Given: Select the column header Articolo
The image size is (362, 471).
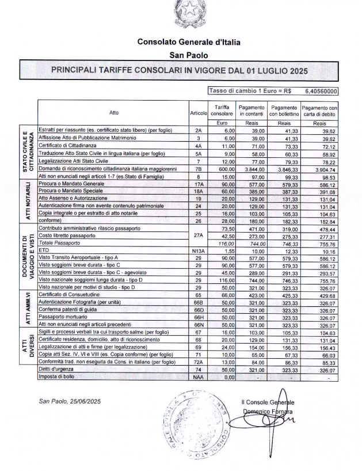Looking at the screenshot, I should [x=197, y=112].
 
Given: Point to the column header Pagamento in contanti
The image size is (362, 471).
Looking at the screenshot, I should [x=251, y=111].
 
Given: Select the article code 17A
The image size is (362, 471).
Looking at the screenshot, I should [x=197, y=184].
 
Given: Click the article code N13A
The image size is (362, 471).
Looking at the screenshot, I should [x=197, y=250].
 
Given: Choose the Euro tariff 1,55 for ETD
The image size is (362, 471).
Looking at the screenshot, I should [x=221, y=250].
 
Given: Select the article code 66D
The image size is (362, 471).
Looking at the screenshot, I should [x=197, y=310].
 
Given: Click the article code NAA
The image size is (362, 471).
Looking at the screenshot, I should [x=197, y=378].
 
